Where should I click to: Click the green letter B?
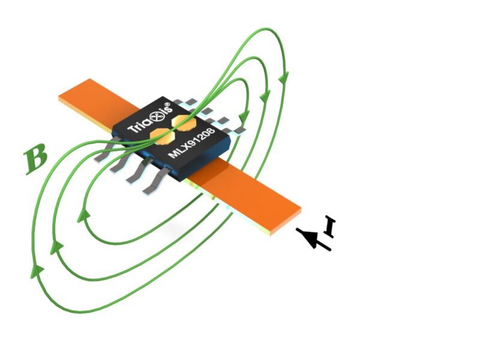[35, 160]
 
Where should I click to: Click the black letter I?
[329, 226]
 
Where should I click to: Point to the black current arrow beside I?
[314, 239]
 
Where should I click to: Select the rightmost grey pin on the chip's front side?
[151, 182]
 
